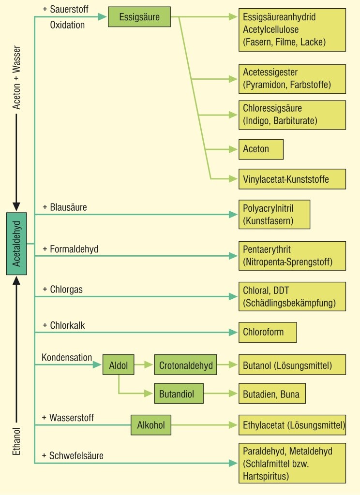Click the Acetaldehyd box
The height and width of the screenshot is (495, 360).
[16, 244]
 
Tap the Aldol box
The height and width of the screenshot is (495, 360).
[118, 365]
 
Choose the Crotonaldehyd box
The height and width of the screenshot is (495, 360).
[186, 365]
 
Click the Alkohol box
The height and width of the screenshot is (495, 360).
[151, 425]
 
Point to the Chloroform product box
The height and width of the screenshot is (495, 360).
[268, 332]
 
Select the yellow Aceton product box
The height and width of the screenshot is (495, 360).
[261, 149]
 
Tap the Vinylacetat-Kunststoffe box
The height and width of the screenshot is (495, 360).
[292, 179]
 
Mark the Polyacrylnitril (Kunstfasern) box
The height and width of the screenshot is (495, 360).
[274, 215]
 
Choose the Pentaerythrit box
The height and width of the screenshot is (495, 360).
[292, 256]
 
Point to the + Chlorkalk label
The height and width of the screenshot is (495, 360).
[63, 325]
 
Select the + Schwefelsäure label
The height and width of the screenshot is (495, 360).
[73, 455]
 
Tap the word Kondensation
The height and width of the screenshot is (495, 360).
[67, 358]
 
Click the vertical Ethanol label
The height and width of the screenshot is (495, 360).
[16, 440]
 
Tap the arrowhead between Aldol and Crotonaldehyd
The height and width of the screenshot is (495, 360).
[149, 365]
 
